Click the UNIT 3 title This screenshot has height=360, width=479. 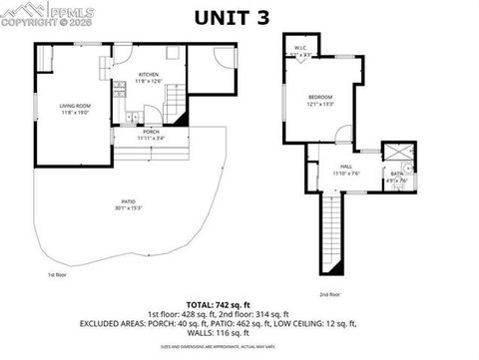239,17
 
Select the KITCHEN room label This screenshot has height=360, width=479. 149,75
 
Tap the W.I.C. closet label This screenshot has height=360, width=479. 300,47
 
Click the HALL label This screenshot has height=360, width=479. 346,167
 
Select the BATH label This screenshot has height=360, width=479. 396,173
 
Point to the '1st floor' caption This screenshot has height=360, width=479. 57,274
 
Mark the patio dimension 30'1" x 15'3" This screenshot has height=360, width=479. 129,207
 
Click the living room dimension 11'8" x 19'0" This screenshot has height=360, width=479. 76,112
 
